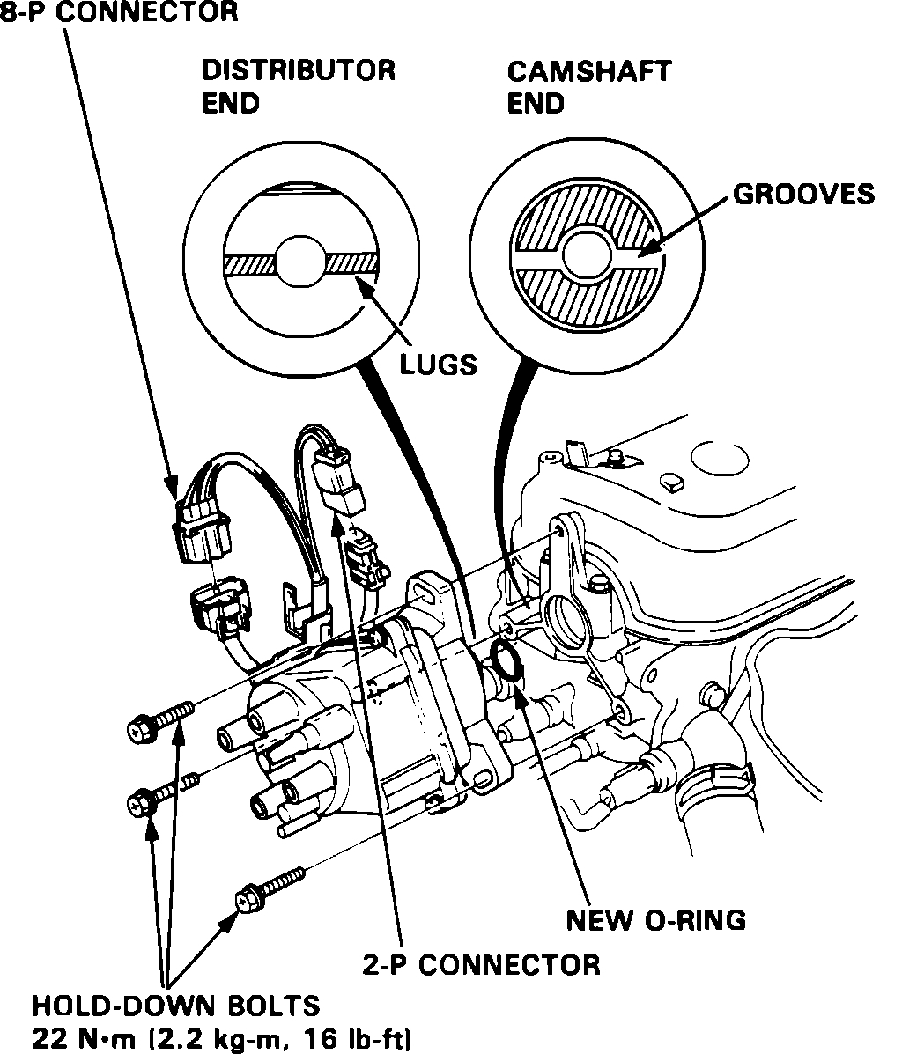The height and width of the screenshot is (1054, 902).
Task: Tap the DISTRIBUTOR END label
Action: point(298,85)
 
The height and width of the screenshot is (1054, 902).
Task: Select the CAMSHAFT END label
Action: point(588,85)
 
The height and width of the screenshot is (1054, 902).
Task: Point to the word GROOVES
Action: point(803,194)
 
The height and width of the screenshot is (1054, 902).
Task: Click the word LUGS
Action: point(438,364)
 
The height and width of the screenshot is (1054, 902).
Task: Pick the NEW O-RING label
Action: point(655,920)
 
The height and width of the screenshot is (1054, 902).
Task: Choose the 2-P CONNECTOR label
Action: point(482,964)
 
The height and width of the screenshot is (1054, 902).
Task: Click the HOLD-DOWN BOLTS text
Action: point(175,1005)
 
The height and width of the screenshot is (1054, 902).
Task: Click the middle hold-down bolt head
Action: point(139,802)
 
